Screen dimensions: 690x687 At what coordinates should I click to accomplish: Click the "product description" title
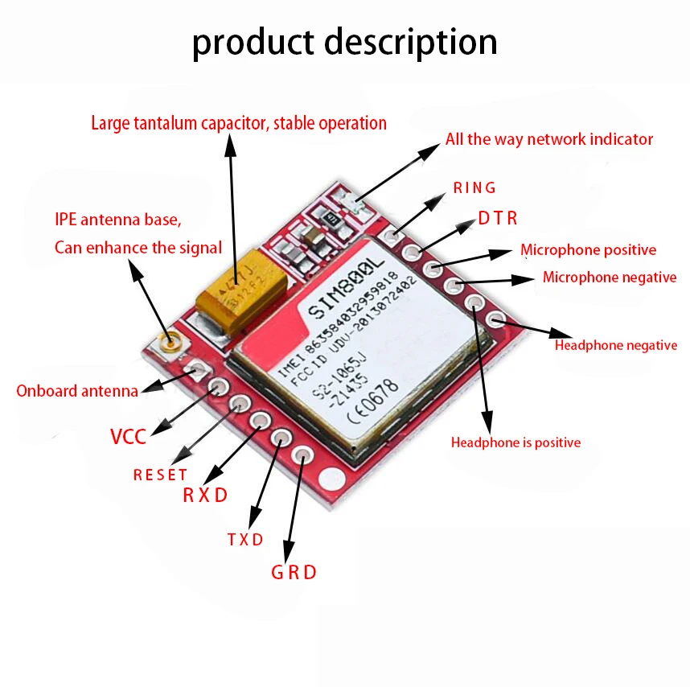point(344,43)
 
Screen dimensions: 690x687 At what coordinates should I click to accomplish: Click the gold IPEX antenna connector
point(169,343)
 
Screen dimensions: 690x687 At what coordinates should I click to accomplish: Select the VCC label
point(128,437)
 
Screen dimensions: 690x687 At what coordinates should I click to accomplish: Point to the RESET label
point(160,475)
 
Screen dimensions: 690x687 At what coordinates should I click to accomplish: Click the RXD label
point(205,495)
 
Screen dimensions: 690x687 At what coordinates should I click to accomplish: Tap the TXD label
point(245,540)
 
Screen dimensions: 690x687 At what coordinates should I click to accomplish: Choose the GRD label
point(294,573)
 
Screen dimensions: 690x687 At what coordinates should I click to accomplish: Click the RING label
point(474,188)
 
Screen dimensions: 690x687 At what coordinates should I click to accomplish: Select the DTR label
point(498,218)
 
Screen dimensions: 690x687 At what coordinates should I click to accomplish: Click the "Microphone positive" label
point(589,250)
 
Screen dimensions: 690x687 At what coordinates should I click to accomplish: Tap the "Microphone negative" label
point(610,278)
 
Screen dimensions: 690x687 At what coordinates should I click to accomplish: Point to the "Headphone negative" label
point(616,345)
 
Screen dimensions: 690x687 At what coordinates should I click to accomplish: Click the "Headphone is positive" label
point(515,442)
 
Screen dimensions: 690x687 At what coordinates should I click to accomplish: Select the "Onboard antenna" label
point(77,391)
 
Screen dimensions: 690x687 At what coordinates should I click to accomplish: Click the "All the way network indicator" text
point(549,139)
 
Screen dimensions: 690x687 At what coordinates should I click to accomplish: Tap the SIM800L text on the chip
point(346,288)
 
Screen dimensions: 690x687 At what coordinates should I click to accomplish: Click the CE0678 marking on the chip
point(373,401)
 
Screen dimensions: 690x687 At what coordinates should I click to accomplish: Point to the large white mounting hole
point(332,479)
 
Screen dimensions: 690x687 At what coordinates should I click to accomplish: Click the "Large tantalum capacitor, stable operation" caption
point(239,123)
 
